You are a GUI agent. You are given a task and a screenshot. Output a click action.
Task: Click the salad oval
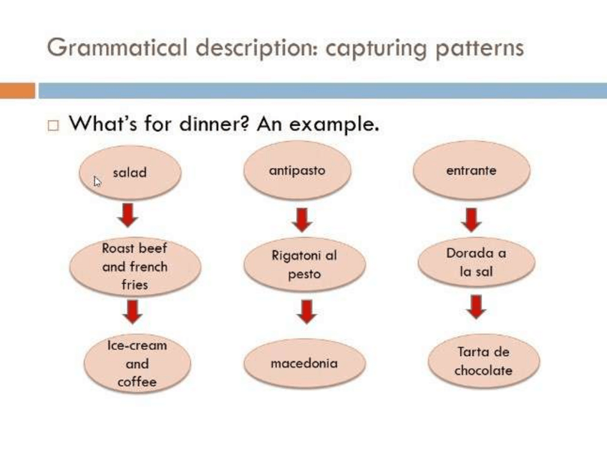coord(130,173)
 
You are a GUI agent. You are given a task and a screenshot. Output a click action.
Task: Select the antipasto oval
coord(297,171)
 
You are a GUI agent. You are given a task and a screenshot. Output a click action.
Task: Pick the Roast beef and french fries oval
coord(135,267)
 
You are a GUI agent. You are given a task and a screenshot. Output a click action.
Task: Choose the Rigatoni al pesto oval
coord(304,265)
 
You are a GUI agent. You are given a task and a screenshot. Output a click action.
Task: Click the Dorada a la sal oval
coord(476,262)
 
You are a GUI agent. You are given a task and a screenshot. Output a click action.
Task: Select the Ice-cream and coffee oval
coord(137,363)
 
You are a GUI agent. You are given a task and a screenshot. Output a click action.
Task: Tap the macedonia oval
coord(304,363)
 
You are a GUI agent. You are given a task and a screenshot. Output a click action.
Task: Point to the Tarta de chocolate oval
coord(483,362)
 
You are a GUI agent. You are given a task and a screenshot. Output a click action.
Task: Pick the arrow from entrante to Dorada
coord(471,219)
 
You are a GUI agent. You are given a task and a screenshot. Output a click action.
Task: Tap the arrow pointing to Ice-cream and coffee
coord(133,312)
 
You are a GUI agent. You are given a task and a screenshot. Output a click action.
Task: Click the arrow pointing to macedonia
coord(307,312)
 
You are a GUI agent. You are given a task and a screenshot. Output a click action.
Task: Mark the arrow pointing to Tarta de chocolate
coord(477,307)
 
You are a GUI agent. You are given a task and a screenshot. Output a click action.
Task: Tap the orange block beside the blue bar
coord(17,91)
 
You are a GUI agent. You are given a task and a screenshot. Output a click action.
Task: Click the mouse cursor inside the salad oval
coord(97,182)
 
